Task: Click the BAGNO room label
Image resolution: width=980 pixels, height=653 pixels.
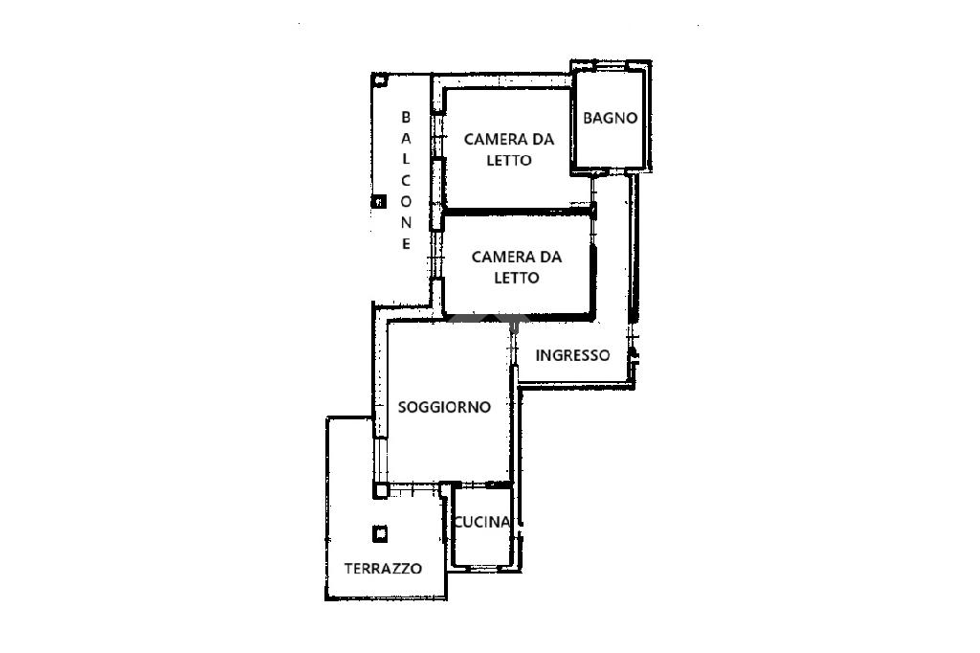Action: (x=610, y=118)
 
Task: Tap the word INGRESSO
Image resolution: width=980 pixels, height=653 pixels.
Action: (x=572, y=355)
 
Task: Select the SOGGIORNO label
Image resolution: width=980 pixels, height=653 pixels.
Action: (x=444, y=407)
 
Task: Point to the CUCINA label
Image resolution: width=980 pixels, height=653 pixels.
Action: (x=482, y=522)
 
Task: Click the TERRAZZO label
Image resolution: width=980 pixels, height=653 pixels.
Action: (x=383, y=569)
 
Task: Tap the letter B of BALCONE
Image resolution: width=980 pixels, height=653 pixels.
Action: (x=406, y=117)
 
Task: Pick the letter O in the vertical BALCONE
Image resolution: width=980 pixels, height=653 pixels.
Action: (x=406, y=201)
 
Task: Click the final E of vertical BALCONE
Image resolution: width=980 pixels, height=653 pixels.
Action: (x=406, y=244)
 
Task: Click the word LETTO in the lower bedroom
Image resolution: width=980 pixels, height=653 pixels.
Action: (x=517, y=278)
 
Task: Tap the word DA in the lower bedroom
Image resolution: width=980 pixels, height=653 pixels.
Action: (x=551, y=257)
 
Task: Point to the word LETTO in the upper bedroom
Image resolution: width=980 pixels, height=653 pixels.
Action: (x=509, y=160)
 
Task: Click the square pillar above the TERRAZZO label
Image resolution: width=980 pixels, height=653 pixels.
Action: (x=380, y=534)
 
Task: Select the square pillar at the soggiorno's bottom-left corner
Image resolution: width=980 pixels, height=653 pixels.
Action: (x=381, y=490)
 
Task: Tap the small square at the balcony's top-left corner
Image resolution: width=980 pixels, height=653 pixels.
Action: (x=380, y=80)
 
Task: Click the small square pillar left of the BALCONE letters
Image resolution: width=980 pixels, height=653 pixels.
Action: (x=379, y=201)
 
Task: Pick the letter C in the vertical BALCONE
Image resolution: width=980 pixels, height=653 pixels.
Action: (x=406, y=181)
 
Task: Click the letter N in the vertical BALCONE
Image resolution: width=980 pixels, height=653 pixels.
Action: (x=406, y=223)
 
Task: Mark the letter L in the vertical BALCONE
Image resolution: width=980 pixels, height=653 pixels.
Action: (x=406, y=160)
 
